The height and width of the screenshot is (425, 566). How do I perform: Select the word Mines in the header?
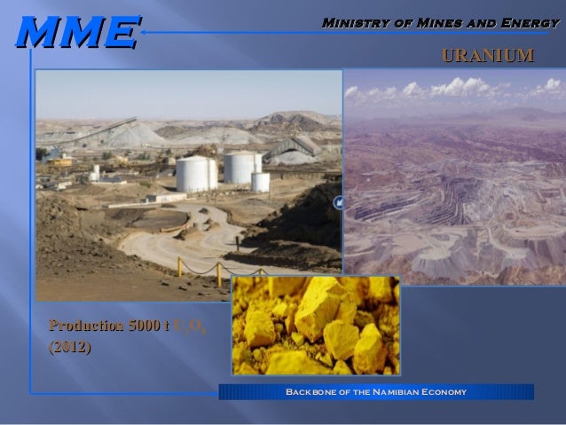click(x=432, y=21)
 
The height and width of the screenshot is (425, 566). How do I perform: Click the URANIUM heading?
click(x=487, y=57)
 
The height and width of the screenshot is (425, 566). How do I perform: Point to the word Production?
click(x=84, y=327)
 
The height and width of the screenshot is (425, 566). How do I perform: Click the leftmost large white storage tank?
click(x=195, y=173)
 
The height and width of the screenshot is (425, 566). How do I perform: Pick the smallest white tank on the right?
click(x=260, y=182)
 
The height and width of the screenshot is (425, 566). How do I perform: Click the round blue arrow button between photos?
click(x=338, y=203)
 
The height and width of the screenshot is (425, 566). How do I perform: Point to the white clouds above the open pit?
click(x=452, y=89)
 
